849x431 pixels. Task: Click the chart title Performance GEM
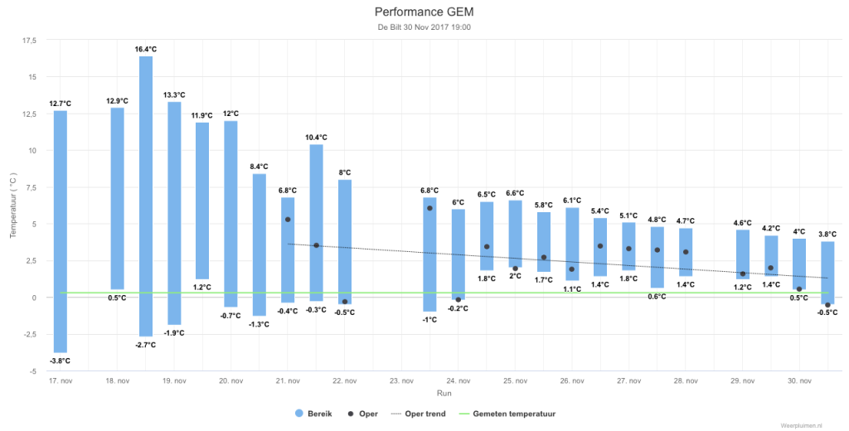(424, 12)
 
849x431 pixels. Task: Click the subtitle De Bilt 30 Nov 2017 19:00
(424, 27)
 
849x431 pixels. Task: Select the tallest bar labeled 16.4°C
(146, 196)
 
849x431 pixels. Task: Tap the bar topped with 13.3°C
(174, 213)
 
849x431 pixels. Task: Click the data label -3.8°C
(60, 361)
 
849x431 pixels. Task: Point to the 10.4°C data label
(316, 138)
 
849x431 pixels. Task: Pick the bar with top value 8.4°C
(260, 245)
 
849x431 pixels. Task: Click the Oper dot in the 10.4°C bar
(316, 245)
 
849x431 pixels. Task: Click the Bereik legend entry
(314, 414)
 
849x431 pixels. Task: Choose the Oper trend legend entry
(418, 414)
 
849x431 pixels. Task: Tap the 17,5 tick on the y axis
(29, 40)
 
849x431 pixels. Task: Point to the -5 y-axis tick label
(33, 371)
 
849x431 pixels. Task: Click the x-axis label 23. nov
(402, 381)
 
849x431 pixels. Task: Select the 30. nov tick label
(800, 381)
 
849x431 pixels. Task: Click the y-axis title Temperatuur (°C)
(13, 206)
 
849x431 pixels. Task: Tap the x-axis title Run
(444, 393)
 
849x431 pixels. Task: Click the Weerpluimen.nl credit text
(802, 425)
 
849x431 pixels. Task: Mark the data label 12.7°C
(60, 104)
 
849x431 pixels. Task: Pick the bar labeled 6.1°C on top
(572, 244)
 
